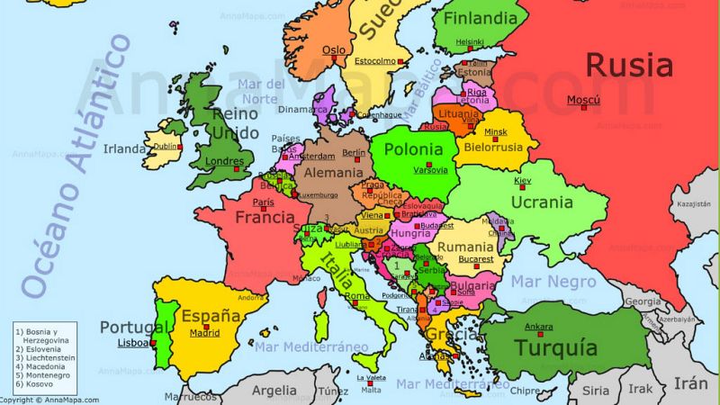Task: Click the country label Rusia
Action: point(629,66)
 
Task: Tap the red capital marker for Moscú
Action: point(583,107)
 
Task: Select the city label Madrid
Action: point(204,333)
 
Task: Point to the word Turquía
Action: point(555,347)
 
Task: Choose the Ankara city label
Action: point(539,326)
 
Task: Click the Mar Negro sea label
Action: point(553,282)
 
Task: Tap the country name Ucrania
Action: point(542,202)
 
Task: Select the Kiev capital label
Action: point(523,181)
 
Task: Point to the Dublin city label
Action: point(166,146)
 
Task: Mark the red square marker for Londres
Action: point(238,168)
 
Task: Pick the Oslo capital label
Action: point(334,49)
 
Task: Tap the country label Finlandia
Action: point(481,18)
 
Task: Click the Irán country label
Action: point(690,384)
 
